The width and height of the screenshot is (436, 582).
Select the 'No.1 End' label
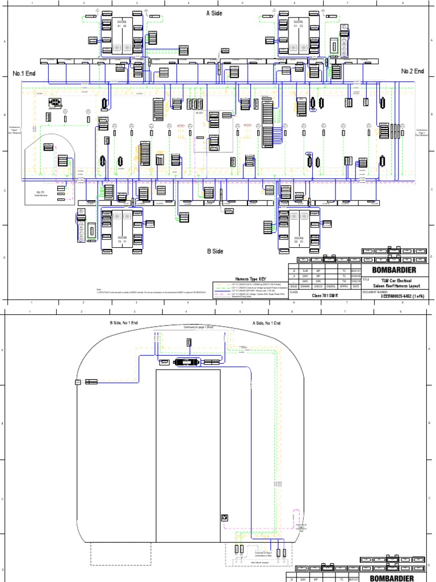24,74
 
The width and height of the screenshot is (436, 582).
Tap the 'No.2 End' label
413,71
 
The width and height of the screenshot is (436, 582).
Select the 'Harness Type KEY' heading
250,279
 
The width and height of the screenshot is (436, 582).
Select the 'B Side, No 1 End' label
123,322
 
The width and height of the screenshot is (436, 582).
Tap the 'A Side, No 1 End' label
267,322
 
